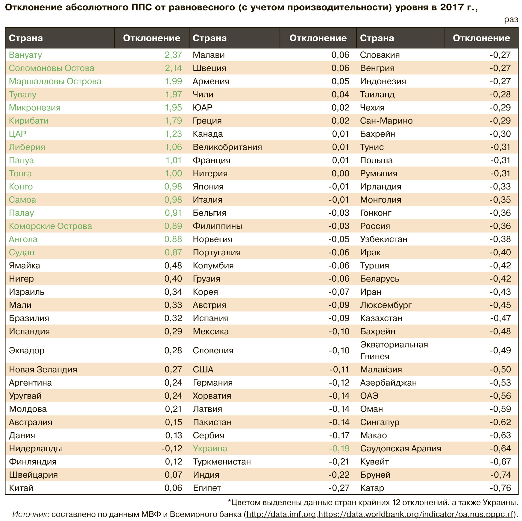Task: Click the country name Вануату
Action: [25, 55]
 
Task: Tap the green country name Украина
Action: [210, 449]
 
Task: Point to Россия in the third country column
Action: [375, 226]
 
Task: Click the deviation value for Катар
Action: [500, 488]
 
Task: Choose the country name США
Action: [203, 370]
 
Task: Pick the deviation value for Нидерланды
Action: [172, 449]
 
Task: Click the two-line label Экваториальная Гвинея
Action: [394, 350]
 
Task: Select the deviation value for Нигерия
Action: [340, 173]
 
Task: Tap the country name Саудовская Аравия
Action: [400, 449]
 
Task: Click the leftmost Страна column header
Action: [26, 38]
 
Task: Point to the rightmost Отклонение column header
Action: [481, 38]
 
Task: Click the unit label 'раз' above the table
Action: [511, 20]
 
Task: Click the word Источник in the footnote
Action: [29, 514]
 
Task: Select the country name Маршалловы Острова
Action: [55, 81]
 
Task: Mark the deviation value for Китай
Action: [173, 488]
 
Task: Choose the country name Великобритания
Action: [227, 147]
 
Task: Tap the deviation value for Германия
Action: [339, 383]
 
